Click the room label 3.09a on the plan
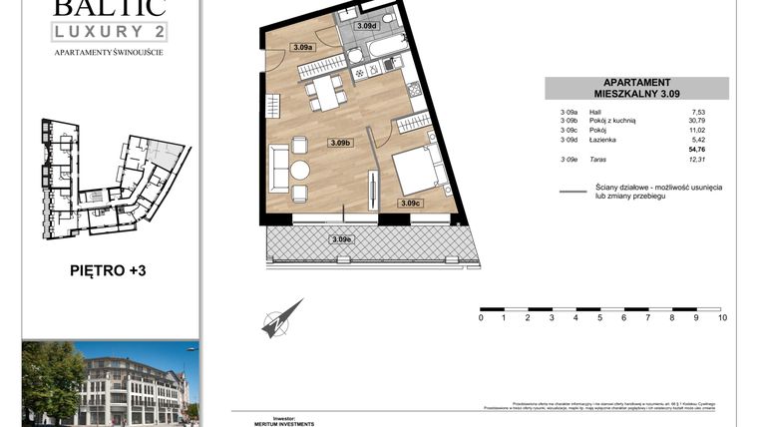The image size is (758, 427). click(x=303, y=47)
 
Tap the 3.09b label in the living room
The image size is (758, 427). click(x=341, y=144)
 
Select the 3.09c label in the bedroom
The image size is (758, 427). click(x=410, y=204)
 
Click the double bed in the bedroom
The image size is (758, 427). click(x=420, y=168)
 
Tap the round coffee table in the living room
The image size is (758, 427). click(x=300, y=170)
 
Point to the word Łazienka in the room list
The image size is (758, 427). click(x=601, y=140)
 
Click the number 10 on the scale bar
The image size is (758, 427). click(x=722, y=318)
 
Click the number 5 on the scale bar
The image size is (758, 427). click(x=600, y=318)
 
